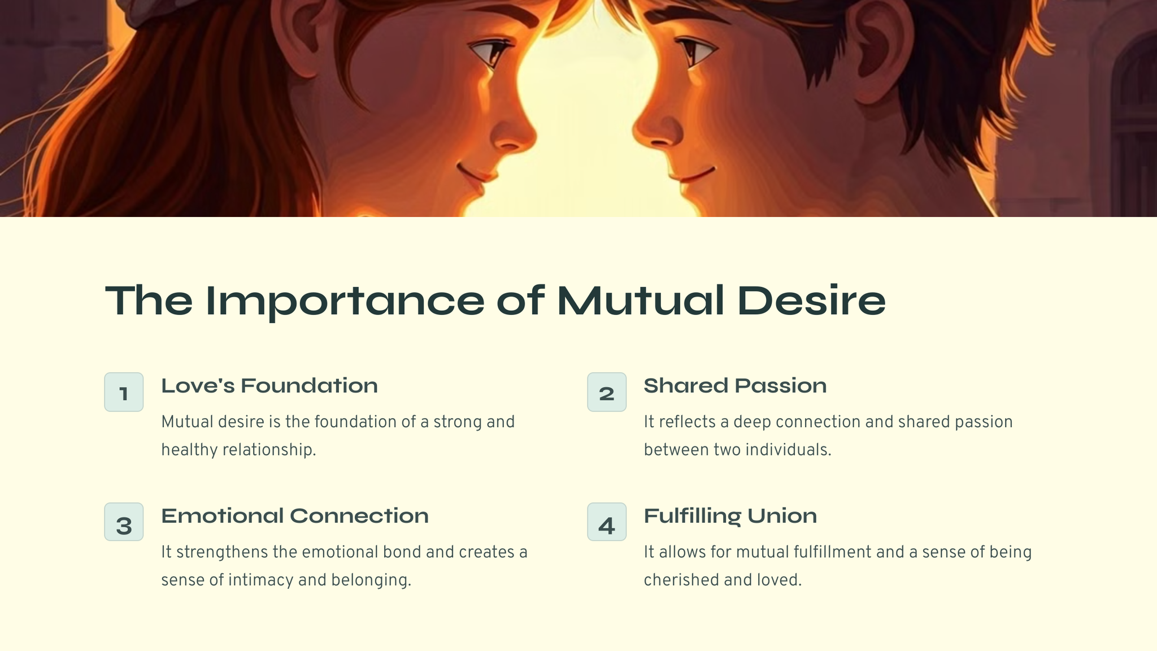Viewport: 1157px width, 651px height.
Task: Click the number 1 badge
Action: tap(124, 392)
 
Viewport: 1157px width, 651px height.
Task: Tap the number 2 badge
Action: tap(607, 392)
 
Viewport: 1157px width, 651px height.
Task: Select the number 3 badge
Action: tap(124, 522)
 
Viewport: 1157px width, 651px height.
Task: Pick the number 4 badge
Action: tap(607, 522)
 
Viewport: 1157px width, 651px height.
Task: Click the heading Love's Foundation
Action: tap(269, 385)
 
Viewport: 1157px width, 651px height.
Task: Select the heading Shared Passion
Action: tap(735, 385)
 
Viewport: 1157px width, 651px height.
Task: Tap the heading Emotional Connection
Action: tap(295, 515)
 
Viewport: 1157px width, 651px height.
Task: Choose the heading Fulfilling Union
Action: tap(730, 516)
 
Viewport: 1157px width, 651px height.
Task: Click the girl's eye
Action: tap(489, 52)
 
